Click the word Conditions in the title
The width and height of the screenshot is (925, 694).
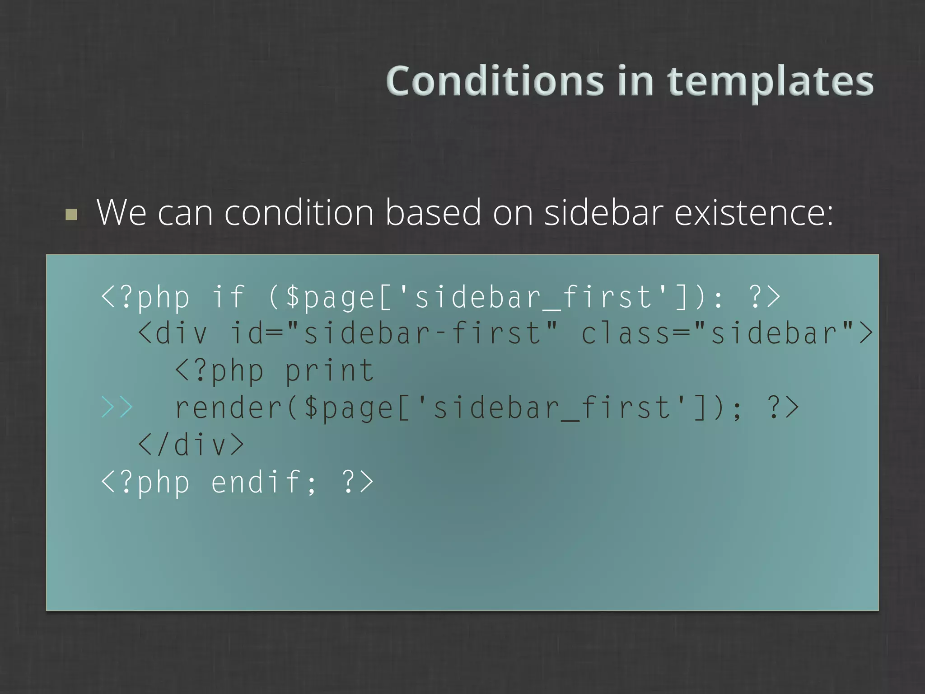[495, 81]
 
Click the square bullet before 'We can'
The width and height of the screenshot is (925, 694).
[71, 214]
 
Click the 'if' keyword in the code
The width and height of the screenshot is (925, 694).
[228, 297]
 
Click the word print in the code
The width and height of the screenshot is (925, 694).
[330, 370]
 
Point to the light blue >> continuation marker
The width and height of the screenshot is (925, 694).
[117, 407]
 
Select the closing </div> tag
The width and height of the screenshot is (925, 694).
[191, 445]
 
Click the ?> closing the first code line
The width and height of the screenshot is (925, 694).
[764, 297]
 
